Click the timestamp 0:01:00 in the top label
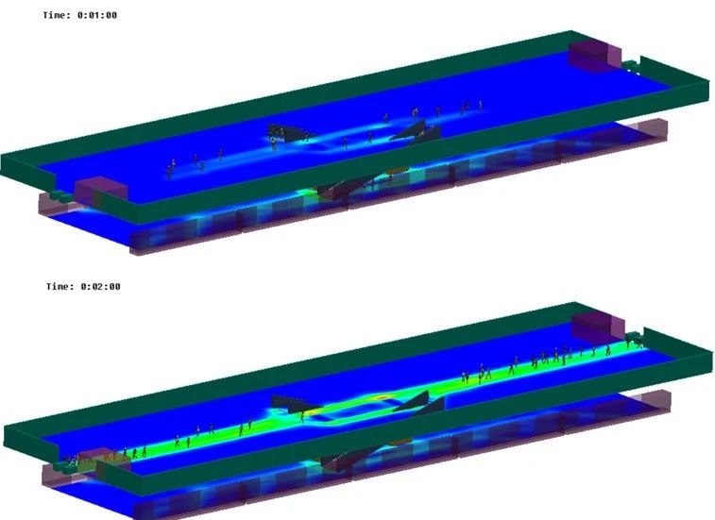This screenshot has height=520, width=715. click(x=97, y=15)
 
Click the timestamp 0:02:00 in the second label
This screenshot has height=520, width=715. click(x=101, y=287)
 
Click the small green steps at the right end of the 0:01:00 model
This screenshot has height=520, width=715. click(x=631, y=66)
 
